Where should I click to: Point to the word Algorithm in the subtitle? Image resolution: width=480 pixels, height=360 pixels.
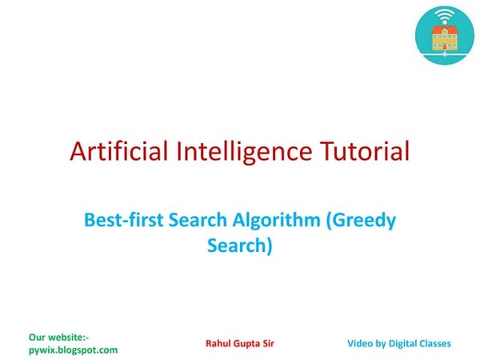(274, 221)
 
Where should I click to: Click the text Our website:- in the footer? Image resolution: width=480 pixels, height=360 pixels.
(58, 338)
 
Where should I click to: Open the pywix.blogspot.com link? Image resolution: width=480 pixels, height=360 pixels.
(73, 350)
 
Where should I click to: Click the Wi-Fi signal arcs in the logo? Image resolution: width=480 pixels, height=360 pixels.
(444, 14)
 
